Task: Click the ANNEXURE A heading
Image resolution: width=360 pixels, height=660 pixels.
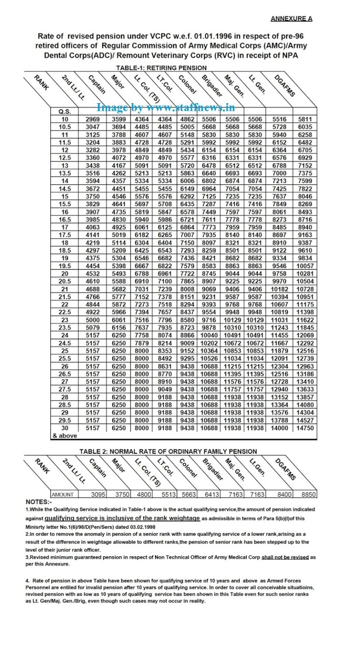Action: pos(291,18)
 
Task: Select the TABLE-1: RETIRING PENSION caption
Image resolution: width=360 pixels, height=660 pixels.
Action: pos(161,68)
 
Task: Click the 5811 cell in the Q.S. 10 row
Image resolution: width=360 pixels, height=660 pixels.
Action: pos(305,119)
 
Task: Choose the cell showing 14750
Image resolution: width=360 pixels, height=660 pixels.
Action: pos(305,428)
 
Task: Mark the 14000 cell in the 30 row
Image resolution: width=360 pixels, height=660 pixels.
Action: pos(279,428)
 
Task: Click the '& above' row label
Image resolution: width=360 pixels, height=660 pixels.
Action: pos(65,436)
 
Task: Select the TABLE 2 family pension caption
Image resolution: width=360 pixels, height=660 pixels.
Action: pos(168,451)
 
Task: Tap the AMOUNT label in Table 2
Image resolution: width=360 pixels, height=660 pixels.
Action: pos(63,495)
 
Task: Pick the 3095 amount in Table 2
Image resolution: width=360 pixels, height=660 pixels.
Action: pos(98,495)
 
